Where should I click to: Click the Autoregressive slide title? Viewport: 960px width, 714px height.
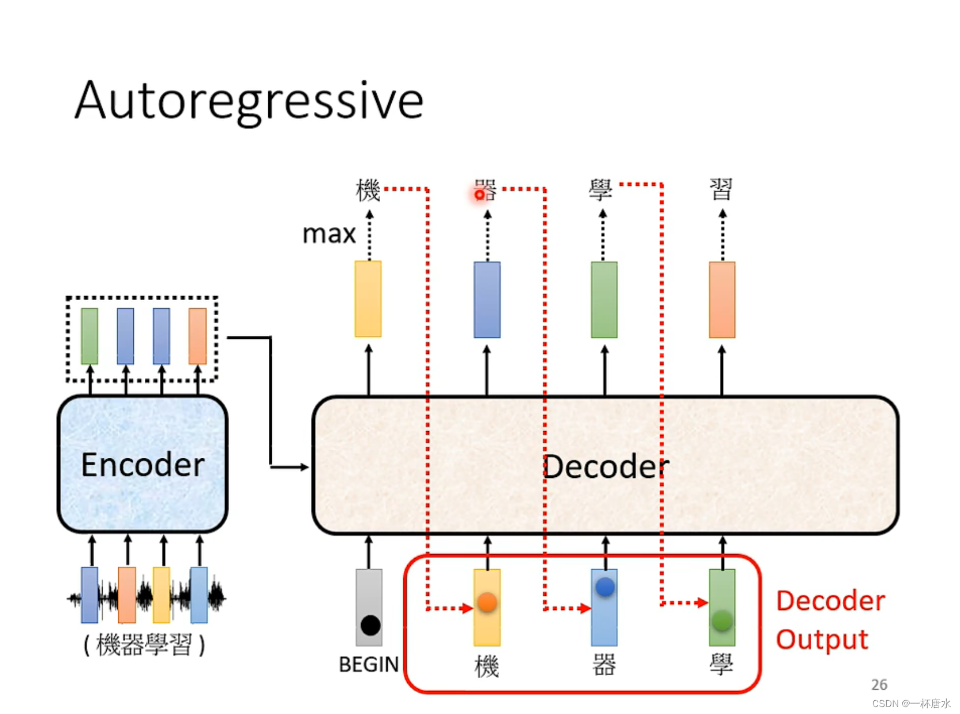tap(249, 101)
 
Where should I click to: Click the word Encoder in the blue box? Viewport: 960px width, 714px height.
tap(142, 465)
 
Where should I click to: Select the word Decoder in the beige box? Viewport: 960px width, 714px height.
tap(606, 466)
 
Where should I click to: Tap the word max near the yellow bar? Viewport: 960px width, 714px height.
tap(329, 234)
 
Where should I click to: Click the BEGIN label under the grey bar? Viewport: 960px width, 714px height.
tap(369, 664)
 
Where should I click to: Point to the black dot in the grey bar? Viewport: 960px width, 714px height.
tap(370, 625)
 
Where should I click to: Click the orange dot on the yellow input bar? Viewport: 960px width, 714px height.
tap(487, 602)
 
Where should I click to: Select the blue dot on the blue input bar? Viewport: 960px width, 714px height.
tap(605, 587)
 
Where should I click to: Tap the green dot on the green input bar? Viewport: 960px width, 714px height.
tap(722, 620)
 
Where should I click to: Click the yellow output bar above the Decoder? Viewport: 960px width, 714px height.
tap(368, 299)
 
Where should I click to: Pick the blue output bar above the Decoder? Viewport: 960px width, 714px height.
tap(487, 300)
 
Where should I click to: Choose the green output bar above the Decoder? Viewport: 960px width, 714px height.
tap(604, 300)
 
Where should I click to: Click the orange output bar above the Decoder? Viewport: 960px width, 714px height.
tap(722, 300)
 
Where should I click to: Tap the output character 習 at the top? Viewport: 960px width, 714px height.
tap(721, 189)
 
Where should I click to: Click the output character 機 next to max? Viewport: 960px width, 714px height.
tap(368, 190)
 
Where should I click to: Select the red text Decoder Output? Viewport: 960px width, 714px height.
tap(830, 620)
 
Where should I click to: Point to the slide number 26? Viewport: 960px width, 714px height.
tap(879, 685)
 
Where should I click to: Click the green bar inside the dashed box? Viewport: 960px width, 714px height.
tap(89, 336)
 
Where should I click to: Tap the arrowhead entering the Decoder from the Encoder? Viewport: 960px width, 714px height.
tap(305, 467)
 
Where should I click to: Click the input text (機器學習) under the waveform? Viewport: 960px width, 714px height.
tap(144, 645)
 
